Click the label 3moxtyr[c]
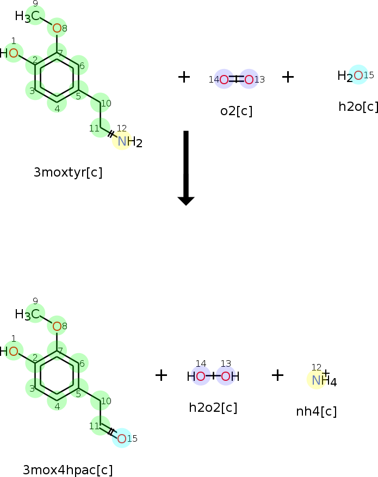(68, 173)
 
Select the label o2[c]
(236, 111)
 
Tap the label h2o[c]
(358, 106)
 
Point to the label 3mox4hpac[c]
(68, 470)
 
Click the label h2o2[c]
(213, 407)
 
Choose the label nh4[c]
(316, 411)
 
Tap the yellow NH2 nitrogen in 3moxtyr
(122, 142)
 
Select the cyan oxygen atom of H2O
(358, 76)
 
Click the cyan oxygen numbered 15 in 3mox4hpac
(121, 438)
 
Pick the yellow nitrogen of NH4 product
(316, 380)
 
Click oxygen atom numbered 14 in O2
(224, 80)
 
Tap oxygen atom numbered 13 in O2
(249, 80)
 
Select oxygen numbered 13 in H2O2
(225, 376)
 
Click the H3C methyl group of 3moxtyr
(28, 17)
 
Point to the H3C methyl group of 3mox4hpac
(28, 314)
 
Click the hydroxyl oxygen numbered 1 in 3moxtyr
(14, 53)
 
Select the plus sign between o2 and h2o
(288, 77)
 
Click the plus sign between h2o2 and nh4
(277, 375)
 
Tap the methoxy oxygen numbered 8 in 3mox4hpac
(57, 327)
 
